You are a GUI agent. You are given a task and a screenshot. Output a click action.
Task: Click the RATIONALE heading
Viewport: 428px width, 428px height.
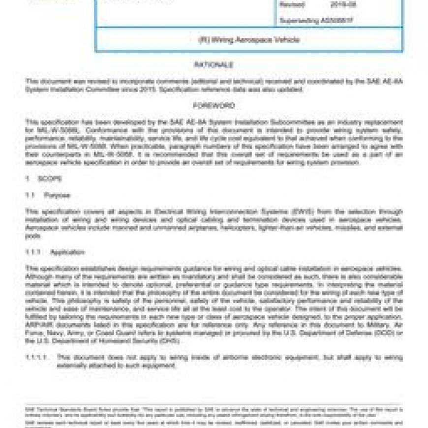pyautogui.click(x=214, y=65)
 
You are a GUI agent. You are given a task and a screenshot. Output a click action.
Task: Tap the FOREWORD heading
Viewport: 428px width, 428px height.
pyautogui.click(x=214, y=106)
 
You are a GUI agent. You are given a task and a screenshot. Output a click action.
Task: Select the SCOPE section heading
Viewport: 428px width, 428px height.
pyautogui.click(x=50, y=179)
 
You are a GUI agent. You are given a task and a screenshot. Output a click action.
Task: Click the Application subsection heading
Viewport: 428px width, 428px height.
pyautogui.click(x=67, y=252)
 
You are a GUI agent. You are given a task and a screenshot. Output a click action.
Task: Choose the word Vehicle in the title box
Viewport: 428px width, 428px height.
pyautogui.click(x=287, y=40)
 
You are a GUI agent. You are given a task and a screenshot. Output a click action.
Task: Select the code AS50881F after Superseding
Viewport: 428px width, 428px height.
pyautogui.click(x=336, y=21)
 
